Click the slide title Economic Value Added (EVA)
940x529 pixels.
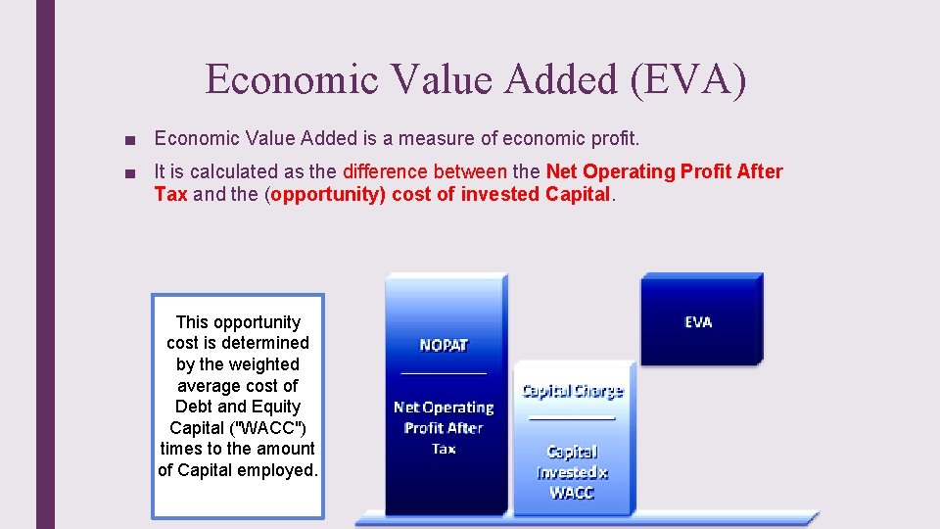[x=476, y=79]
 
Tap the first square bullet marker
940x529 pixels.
[x=131, y=140]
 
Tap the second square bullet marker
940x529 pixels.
[x=131, y=173]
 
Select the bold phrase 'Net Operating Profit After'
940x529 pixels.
[x=665, y=172]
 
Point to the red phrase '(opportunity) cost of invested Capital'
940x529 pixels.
[x=440, y=194]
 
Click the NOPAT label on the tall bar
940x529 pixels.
[x=444, y=345]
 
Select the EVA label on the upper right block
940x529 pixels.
[x=698, y=321]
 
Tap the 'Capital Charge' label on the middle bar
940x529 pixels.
[x=573, y=391]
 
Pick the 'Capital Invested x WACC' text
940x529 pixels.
[x=572, y=472]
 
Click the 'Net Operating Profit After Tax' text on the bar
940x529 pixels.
[x=444, y=427]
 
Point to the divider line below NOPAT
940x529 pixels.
[x=444, y=372]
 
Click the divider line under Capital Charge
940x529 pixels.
[x=573, y=417]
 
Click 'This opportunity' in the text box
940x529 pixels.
[x=238, y=322]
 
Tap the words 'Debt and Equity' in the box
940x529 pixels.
[x=238, y=407]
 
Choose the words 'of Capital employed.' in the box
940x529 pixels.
[x=238, y=469]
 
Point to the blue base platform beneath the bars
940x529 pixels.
[x=587, y=518]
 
